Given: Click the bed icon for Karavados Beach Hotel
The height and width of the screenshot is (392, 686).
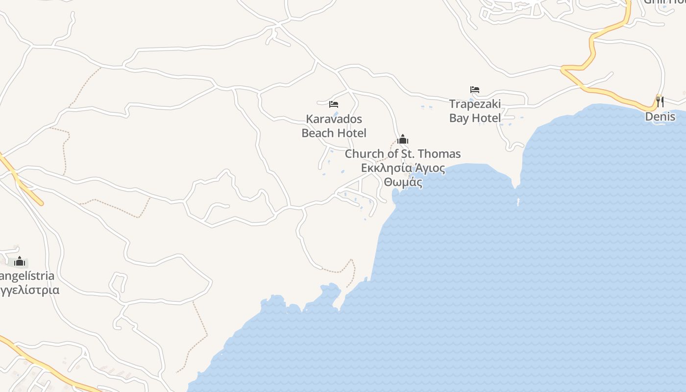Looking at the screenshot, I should coord(334,104).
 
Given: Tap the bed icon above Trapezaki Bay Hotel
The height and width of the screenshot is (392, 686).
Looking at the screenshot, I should coord(474,90).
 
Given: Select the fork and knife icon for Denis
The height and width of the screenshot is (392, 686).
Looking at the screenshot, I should coord(660,102).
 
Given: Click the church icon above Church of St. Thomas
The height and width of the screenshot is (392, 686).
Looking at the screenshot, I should coord(403,139).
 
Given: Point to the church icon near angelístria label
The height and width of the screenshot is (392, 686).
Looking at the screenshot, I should coord(20,261).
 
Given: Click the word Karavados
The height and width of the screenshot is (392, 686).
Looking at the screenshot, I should coord(334,119).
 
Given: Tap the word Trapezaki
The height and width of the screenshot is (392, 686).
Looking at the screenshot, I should coord(475,104).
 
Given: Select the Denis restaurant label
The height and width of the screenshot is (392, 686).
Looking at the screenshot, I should coord(660,117).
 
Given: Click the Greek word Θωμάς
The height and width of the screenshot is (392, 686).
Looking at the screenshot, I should coord(403,183).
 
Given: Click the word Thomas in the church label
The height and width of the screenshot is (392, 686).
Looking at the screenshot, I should coord(440,154).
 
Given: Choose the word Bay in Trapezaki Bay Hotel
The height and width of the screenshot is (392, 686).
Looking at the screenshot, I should coord(459,118).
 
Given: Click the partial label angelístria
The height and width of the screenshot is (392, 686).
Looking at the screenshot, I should coord(27,276).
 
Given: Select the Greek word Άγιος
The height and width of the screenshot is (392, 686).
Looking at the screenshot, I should coord(430,169).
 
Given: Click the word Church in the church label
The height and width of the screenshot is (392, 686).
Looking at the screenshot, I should coord(365,154).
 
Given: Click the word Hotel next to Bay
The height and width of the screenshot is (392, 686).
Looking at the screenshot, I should coord(487,118).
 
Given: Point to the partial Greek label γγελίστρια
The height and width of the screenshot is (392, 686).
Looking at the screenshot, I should coord(29,290).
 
